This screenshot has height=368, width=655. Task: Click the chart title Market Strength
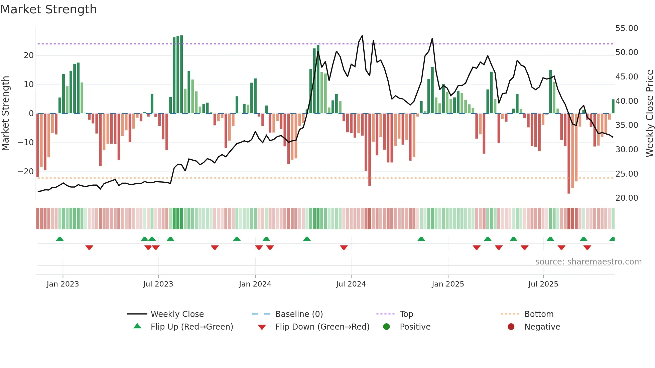tap(48, 9)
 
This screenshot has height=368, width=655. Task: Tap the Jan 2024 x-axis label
tap(255, 284)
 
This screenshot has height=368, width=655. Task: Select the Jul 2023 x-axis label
tap(158, 284)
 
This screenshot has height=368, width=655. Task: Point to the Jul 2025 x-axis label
tap(543, 284)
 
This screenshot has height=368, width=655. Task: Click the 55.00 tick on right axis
tap(627, 28)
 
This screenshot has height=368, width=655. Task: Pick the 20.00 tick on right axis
tap(627, 198)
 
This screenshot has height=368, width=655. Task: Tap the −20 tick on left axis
tap(26, 172)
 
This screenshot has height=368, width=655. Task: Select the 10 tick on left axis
tap(29, 84)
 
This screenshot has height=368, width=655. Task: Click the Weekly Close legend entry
tap(177, 314)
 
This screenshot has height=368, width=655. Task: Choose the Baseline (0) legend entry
tap(299, 314)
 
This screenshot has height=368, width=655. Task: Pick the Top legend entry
tap(406, 314)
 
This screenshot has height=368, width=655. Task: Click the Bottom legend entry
tap(539, 314)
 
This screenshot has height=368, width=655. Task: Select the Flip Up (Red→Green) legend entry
tap(191, 327)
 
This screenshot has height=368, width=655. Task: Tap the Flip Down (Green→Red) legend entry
tap(322, 327)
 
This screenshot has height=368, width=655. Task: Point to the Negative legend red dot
tap(511, 327)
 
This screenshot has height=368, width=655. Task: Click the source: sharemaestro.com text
tap(588, 262)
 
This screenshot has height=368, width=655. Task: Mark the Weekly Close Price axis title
tap(649, 114)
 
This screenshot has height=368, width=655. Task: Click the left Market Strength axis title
tap(6, 114)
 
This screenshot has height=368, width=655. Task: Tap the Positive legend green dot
tap(387, 327)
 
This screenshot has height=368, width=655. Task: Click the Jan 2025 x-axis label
tap(448, 284)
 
